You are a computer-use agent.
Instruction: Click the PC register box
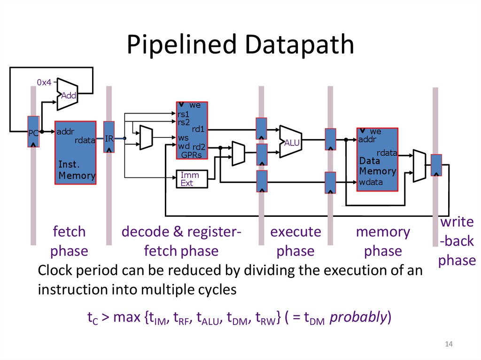coord(33,132)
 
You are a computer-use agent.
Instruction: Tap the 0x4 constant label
coord(44,83)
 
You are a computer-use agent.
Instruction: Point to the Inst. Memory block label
coord(76,170)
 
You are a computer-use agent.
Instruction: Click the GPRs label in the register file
coord(192,154)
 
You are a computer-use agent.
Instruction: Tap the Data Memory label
coord(377,166)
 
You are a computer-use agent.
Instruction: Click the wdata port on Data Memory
coord(371,182)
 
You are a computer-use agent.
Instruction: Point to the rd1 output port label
coord(198,129)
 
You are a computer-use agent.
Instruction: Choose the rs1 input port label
coord(183,114)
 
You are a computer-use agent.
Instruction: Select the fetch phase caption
coord(69,241)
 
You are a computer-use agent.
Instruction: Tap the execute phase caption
coord(295,241)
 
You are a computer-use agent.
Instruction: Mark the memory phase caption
coord(383,241)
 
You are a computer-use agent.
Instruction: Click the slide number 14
coord(448,345)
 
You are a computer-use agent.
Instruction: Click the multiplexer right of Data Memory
coord(419,165)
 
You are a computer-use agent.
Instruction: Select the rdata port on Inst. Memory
coord(85,140)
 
